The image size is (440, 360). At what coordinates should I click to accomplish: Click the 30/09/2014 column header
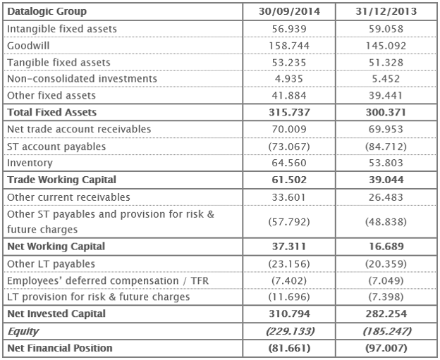coord(286,12)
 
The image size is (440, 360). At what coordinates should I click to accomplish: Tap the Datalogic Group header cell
coord(46,12)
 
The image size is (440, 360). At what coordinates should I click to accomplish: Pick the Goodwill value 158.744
coord(286,46)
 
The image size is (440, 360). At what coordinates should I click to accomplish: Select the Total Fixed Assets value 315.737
coord(286,113)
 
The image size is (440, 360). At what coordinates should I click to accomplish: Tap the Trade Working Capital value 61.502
coord(286,180)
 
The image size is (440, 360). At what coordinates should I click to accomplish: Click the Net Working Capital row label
coord(56,247)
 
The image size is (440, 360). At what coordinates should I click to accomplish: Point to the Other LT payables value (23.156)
coord(286,263)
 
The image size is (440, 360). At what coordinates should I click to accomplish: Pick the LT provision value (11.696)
coord(286,297)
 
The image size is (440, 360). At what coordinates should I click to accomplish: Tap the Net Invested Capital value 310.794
coord(286,314)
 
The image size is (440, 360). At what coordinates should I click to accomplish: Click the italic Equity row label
coord(23,331)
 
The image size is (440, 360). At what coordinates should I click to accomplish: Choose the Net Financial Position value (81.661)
coord(286,348)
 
